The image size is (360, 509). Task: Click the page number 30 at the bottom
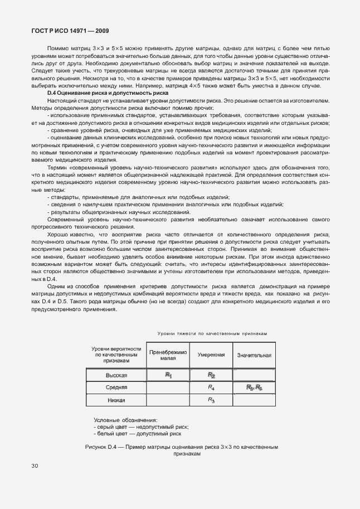[x=35, y=466]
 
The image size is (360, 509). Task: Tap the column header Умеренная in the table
[x=211, y=355]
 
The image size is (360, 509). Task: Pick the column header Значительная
[x=254, y=355]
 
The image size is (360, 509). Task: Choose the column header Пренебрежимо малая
[x=168, y=355]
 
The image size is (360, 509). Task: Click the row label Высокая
[x=116, y=375]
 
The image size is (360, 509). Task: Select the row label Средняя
[x=116, y=387]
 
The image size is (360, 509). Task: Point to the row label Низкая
[x=116, y=400]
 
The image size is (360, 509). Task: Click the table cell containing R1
[x=168, y=375]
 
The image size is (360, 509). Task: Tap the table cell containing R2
[x=211, y=375]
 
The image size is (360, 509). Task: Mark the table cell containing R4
[x=211, y=387]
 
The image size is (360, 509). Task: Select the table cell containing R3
[x=211, y=400]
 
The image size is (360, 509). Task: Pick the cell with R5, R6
[x=254, y=387]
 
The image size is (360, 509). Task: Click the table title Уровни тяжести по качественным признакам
[x=212, y=333]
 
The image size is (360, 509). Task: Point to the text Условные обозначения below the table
[x=125, y=420]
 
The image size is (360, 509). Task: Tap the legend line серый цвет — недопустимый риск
[x=141, y=426]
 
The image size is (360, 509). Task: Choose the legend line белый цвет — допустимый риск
[x=138, y=433]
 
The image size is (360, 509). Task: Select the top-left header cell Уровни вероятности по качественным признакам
[x=116, y=355]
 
